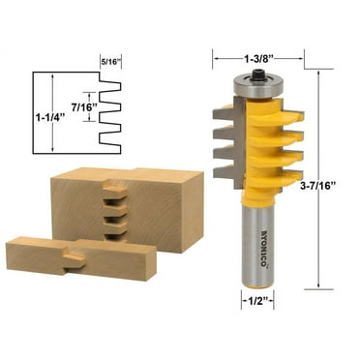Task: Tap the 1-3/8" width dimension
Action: coord(256,42)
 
